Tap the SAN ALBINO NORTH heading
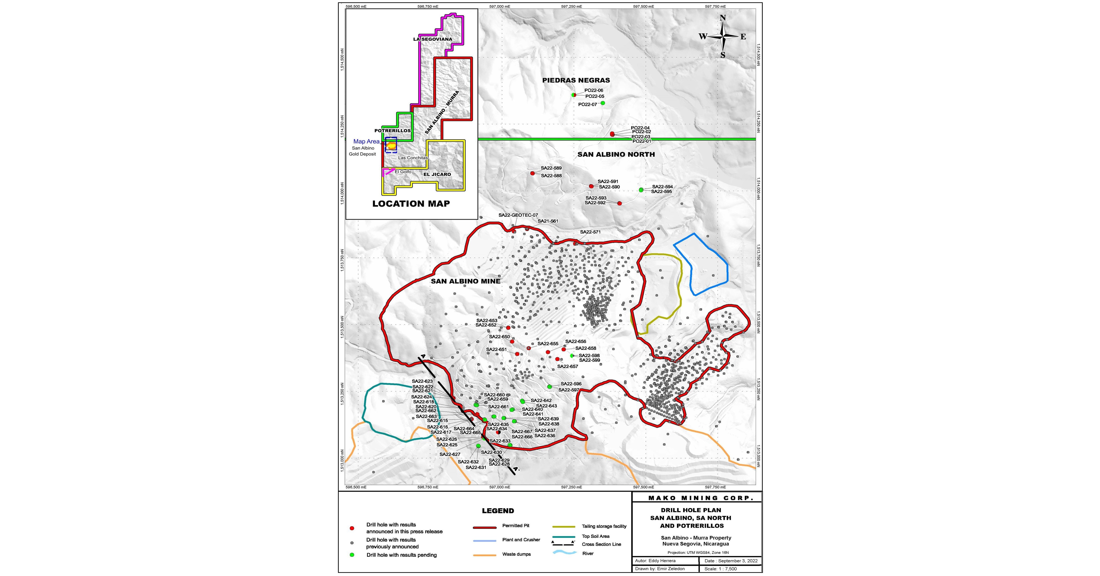click(x=616, y=154)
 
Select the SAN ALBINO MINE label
click(x=466, y=281)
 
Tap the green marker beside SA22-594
click(x=641, y=190)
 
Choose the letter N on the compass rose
click(x=722, y=18)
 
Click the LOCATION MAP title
click(x=411, y=204)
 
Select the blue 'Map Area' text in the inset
click(x=366, y=141)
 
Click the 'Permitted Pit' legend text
click(x=515, y=525)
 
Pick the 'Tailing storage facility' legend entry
click(x=604, y=526)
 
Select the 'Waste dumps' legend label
click(x=516, y=554)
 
